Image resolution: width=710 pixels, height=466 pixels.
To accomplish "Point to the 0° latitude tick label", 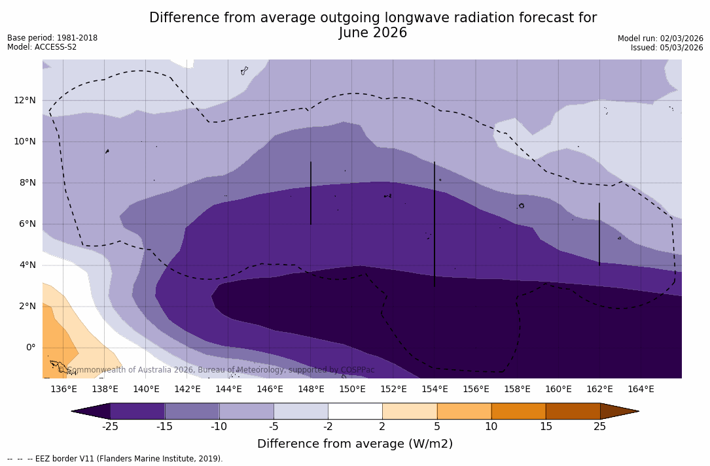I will point(30,347).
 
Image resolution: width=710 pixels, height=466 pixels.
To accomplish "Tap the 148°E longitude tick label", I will point(311,389).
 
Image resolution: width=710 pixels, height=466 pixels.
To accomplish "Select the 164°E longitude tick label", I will point(641,389).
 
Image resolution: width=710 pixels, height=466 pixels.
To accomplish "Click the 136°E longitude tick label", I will point(63,389).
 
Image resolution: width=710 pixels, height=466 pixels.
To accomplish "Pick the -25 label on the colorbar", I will point(110,427).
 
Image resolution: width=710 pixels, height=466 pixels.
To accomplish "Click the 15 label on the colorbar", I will point(545,427).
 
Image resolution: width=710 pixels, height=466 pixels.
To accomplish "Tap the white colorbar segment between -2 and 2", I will point(355,411).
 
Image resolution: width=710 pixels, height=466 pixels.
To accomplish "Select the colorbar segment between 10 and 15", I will point(518,411).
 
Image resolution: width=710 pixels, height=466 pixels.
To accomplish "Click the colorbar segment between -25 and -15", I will point(137,411).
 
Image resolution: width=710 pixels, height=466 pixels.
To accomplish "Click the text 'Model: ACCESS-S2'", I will point(42,47).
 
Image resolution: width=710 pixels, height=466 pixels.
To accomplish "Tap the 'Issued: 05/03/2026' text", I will point(667,48).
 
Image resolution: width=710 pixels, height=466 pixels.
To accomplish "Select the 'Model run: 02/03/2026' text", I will point(660,39).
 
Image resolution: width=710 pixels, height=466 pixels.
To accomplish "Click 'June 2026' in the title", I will point(373,33).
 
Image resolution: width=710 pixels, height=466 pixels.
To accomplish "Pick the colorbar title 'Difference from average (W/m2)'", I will point(355,444).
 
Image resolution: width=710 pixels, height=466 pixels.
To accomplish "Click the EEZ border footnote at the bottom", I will point(115,459).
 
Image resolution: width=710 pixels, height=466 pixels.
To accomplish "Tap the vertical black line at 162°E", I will point(599,234).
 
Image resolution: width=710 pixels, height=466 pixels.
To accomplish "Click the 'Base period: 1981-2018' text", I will point(52,38).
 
